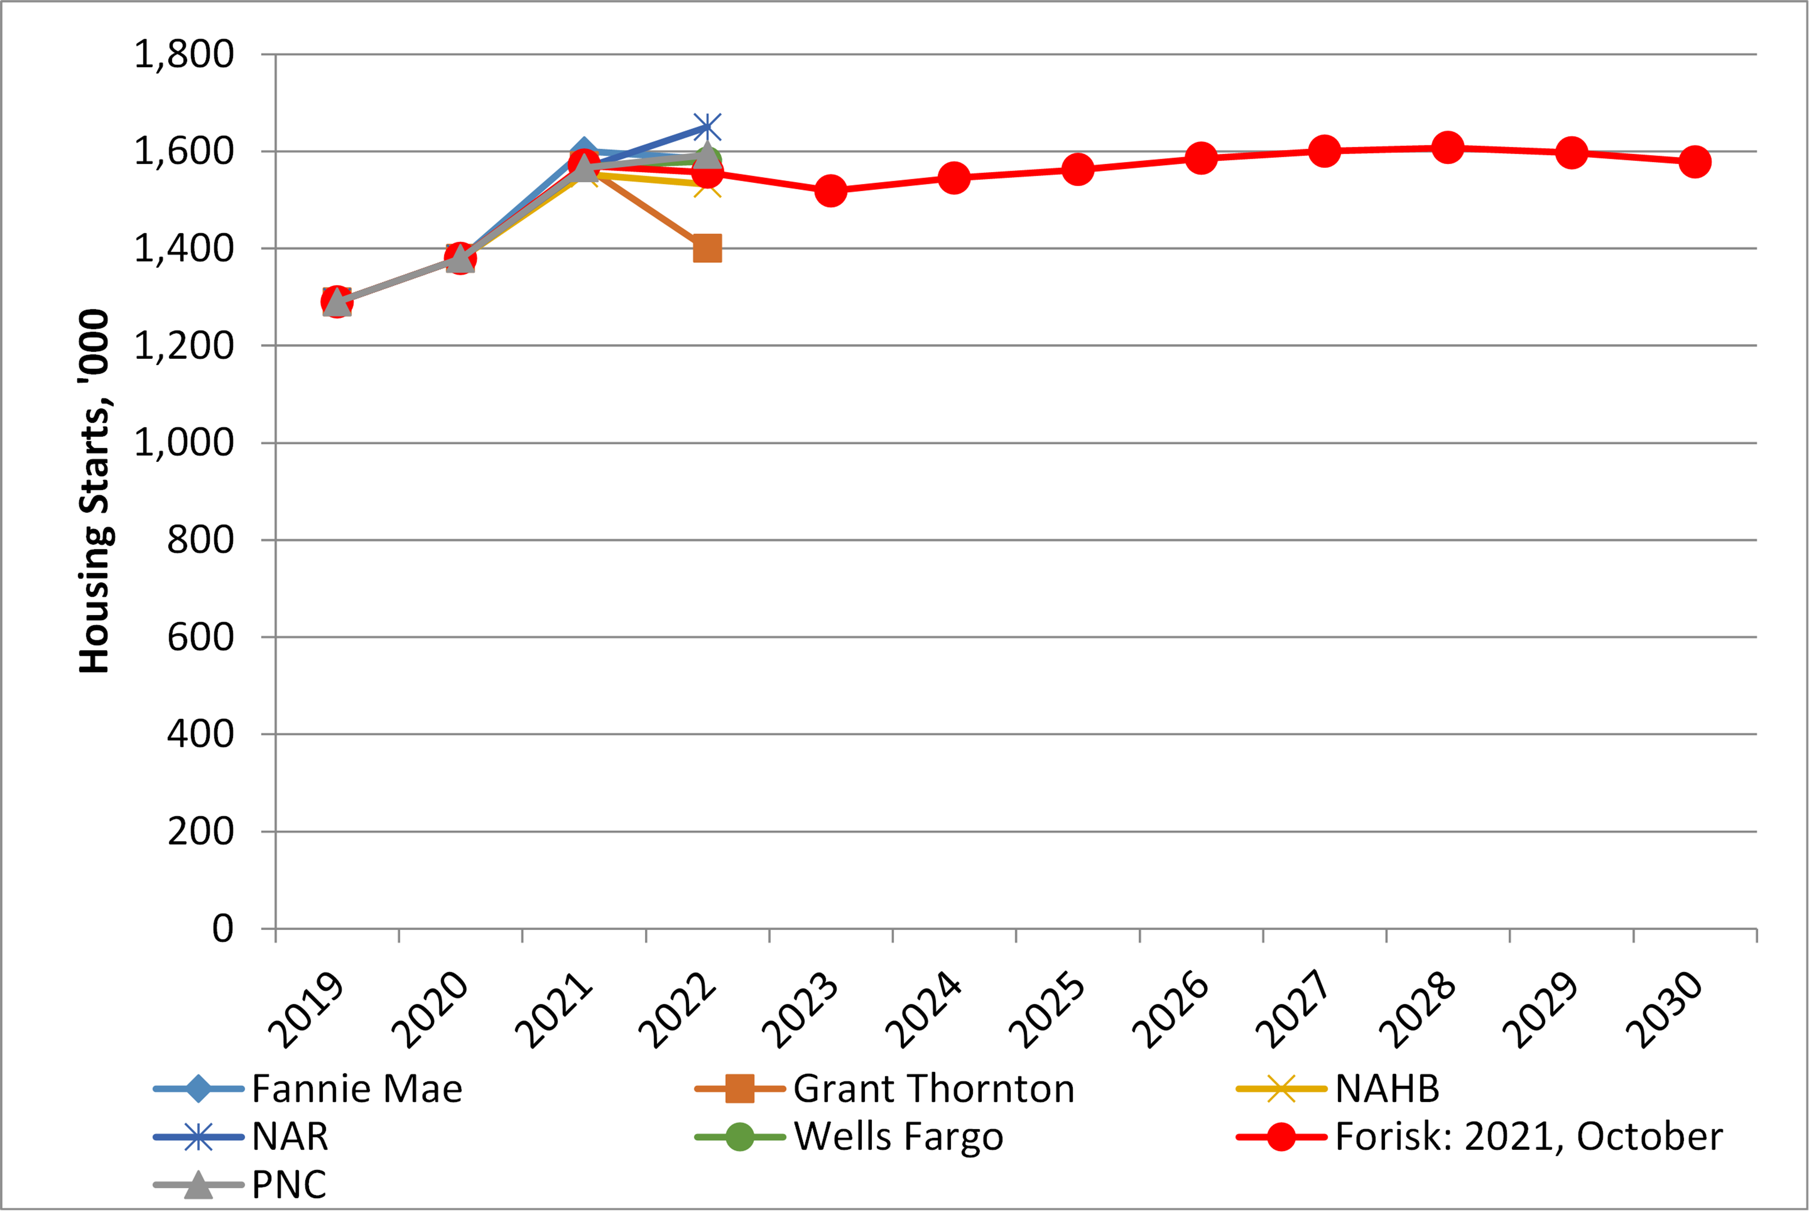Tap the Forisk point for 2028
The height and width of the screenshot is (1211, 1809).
pos(1448,147)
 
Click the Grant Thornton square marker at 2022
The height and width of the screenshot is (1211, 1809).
pos(707,249)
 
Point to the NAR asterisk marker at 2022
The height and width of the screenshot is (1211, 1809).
pos(707,128)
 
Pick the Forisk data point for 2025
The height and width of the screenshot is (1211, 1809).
pos(1078,169)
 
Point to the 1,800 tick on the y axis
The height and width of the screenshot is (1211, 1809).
pos(184,55)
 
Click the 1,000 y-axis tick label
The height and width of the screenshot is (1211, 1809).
pos(184,442)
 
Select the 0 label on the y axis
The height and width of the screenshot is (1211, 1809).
pos(223,928)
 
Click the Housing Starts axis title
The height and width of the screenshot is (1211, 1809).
pos(95,491)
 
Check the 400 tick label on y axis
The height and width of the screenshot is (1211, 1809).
pos(200,734)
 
